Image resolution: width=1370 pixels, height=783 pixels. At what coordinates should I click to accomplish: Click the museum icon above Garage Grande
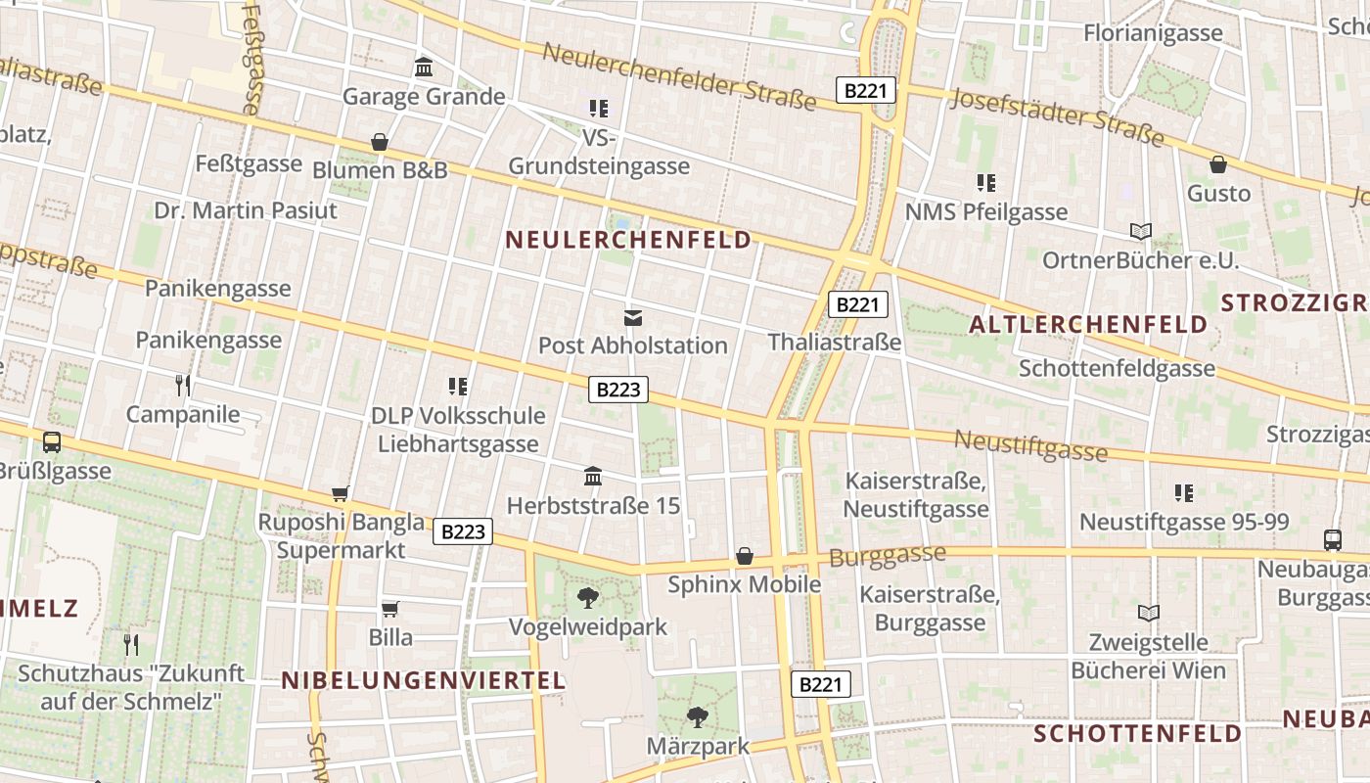(x=424, y=68)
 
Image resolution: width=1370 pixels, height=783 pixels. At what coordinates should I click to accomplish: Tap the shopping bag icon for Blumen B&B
(x=380, y=143)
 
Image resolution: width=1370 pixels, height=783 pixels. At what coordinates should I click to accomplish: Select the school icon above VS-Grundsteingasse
(x=598, y=108)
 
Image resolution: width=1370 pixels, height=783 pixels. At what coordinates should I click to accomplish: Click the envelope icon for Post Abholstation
(x=633, y=317)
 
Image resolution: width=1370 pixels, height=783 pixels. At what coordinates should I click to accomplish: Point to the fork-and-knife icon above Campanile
(x=182, y=385)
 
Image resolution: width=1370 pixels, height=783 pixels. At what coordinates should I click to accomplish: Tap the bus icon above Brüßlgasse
(x=52, y=442)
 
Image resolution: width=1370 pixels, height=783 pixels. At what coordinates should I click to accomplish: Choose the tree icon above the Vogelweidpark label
(x=588, y=598)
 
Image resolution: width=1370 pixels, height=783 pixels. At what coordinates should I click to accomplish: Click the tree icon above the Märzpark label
(x=697, y=718)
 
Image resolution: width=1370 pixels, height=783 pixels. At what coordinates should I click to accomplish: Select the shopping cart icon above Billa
(x=390, y=609)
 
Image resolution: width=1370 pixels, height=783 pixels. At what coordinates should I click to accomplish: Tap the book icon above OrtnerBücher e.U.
(x=1140, y=232)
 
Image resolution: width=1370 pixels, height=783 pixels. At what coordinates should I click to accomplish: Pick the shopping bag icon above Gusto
(x=1218, y=164)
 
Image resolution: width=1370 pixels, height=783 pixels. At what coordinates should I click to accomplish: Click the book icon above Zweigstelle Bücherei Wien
(x=1148, y=614)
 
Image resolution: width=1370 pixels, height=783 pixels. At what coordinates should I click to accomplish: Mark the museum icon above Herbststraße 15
(x=593, y=477)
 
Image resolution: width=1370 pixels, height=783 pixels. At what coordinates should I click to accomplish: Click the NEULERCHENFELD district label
(x=628, y=240)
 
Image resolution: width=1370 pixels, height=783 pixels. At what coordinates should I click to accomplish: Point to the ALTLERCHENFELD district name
(x=1088, y=325)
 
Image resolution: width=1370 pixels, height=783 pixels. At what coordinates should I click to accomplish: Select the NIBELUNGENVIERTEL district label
(x=424, y=681)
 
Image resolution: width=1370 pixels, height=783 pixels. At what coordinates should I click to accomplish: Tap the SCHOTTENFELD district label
(x=1138, y=733)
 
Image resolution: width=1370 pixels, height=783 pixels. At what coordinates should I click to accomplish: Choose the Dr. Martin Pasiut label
(x=246, y=210)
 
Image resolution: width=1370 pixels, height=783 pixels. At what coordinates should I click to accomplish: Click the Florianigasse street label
(x=1153, y=33)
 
